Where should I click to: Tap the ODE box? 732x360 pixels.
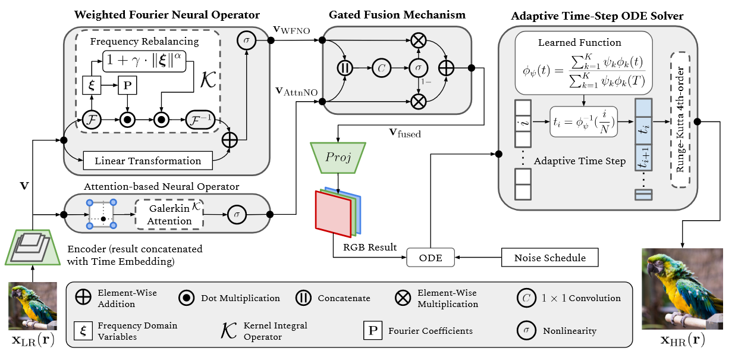click(x=430, y=258)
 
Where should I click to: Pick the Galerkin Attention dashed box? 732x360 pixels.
click(x=169, y=215)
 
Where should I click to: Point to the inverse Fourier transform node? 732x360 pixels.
click(x=203, y=120)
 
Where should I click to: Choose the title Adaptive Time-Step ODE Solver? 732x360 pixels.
click(x=597, y=15)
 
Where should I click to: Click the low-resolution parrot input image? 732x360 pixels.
click(x=33, y=306)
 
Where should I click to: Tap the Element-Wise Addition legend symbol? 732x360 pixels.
click(x=83, y=298)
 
